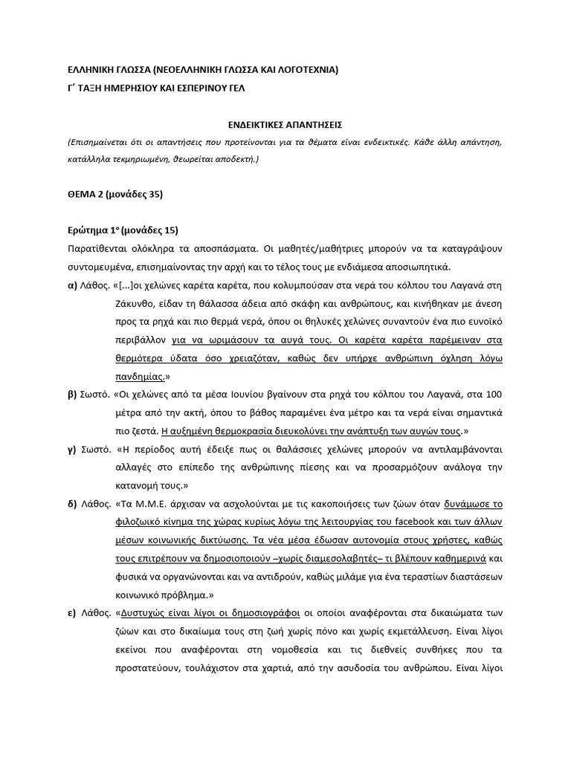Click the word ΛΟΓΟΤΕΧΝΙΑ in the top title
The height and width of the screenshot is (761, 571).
[303, 71]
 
